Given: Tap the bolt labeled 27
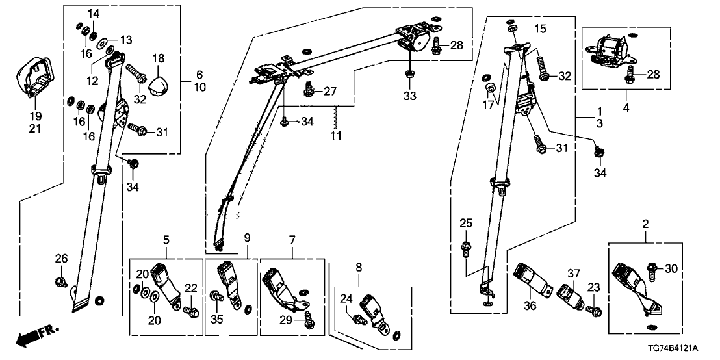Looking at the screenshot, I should click(x=307, y=89).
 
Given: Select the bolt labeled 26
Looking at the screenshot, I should click(x=60, y=281).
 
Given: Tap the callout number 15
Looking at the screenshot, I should click(x=541, y=29).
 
